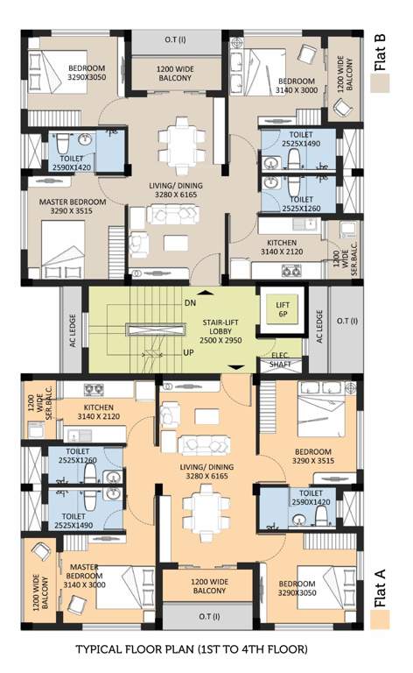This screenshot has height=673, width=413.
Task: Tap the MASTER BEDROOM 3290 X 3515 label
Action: (73, 206)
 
